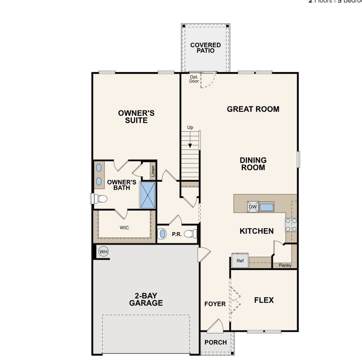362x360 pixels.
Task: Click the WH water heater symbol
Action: tap(104, 252)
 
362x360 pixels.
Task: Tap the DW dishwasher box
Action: tap(253, 207)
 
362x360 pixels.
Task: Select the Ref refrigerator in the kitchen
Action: tap(240, 261)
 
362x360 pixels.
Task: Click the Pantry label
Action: tap(285, 265)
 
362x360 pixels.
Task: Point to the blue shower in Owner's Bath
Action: tap(148, 195)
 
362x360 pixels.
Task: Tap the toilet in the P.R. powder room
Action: tap(190, 234)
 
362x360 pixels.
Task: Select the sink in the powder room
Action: tap(162, 234)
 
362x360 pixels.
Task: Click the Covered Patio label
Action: tap(205, 48)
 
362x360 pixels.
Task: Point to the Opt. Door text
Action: tap(194, 79)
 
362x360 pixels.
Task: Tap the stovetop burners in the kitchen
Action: tap(291, 225)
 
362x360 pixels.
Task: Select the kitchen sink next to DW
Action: tap(267, 207)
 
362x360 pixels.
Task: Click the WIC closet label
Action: tap(124, 227)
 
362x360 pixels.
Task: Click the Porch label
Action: tap(216, 342)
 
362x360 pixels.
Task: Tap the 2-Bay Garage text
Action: tap(146, 299)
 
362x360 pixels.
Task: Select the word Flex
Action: tap(264, 300)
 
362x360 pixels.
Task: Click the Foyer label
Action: tap(215, 304)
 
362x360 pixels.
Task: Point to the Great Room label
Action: tap(253, 109)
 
